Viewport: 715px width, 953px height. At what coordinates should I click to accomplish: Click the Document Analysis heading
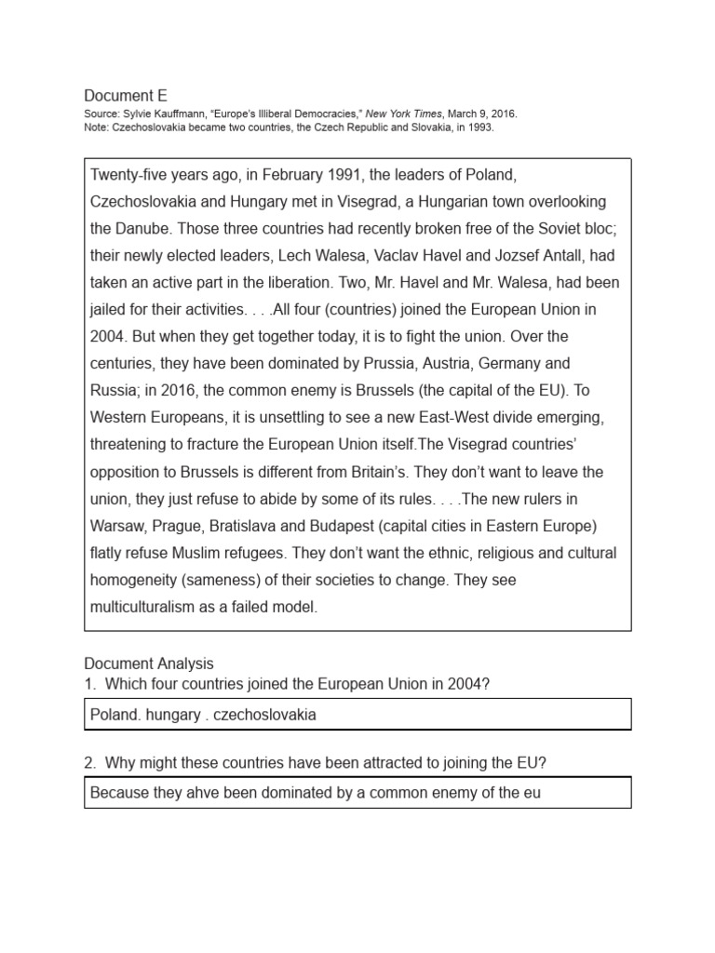click(149, 664)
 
